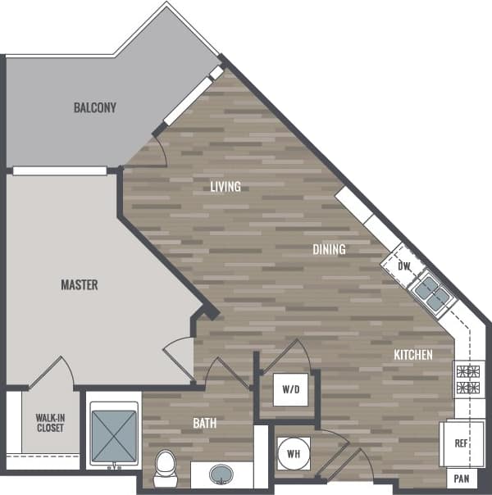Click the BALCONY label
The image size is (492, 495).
(x=94, y=107)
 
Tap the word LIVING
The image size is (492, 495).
(x=225, y=187)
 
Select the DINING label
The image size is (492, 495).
(x=328, y=249)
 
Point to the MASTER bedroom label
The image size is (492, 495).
(x=80, y=285)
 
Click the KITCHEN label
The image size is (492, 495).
(x=412, y=355)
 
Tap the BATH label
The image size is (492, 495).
(x=204, y=423)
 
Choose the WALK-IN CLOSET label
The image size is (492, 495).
(x=50, y=422)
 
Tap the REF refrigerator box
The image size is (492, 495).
(x=462, y=443)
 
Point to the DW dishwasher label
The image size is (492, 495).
(x=403, y=266)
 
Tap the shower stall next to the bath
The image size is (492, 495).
(x=113, y=434)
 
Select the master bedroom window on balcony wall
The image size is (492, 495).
(x=60, y=170)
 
